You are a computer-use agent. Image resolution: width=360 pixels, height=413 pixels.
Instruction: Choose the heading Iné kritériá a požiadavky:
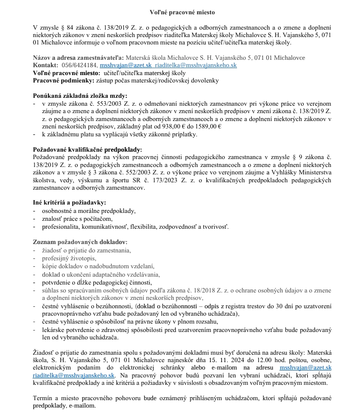69,203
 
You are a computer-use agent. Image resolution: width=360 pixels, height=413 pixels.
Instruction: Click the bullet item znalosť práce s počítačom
78,218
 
